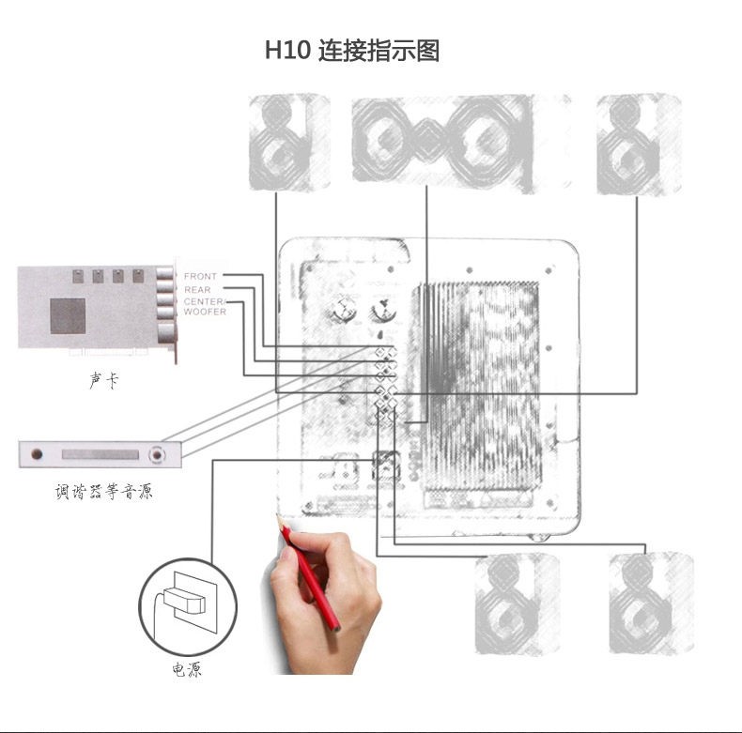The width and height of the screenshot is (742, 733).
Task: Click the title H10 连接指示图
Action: (x=351, y=51)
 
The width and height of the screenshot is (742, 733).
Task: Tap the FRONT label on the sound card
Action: (x=200, y=277)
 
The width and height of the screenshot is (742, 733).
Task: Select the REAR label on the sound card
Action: (x=197, y=290)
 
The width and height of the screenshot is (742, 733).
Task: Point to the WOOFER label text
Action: (x=205, y=312)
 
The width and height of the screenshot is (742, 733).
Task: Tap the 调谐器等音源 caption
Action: (x=102, y=491)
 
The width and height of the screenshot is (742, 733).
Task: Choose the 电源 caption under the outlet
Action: (x=186, y=670)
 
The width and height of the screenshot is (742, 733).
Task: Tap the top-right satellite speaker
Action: (x=638, y=143)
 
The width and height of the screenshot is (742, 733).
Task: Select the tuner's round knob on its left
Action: (x=38, y=455)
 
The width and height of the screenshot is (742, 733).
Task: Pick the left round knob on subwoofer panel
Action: (x=345, y=310)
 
